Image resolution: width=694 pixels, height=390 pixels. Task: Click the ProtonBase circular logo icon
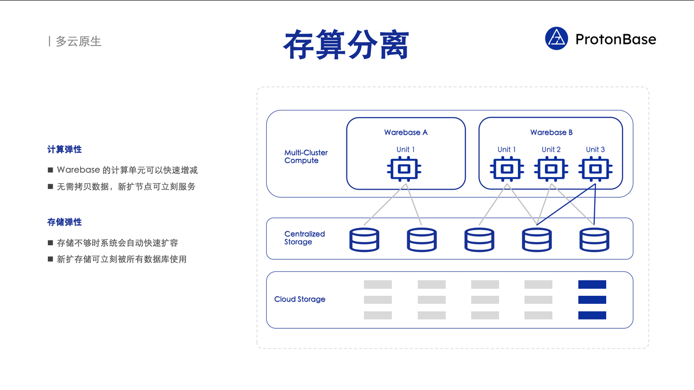[x=556, y=38]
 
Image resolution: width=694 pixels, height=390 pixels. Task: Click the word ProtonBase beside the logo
[x=615, y=40]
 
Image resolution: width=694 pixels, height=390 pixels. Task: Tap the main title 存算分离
[x=346, y=44]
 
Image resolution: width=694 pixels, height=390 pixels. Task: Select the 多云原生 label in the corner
[x=79, y=41]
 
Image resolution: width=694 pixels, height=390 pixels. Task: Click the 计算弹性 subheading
[x=65, y=149]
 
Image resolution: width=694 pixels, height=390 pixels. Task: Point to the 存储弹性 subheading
[x=65, y=222]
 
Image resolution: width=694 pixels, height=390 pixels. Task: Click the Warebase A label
[x=406, y=133]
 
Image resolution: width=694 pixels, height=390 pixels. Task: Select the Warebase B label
[x=551, y=133]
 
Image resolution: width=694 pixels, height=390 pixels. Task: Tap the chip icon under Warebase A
[x=404, y=169]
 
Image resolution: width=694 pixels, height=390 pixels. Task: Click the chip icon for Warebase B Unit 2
[x=551, y=169]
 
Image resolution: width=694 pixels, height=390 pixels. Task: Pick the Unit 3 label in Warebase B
[x=595, y=149]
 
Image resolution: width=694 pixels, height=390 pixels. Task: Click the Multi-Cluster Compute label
[x=306, y=157]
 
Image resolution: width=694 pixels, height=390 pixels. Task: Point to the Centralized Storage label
[x=305, y=238]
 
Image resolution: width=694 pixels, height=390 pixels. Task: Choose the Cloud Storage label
[x=300, y=300]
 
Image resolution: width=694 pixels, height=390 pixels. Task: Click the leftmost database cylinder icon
[x=364, y=239]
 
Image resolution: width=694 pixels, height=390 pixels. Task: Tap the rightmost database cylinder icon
[x=594, y=239]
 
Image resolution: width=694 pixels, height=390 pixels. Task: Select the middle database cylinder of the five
[x=479, y=239]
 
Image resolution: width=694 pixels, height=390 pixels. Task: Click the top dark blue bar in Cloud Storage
[x=592, y=284]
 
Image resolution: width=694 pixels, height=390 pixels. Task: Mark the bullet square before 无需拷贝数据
[x=50, y=186]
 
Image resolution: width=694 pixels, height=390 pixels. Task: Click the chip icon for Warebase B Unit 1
[x=507, y=169]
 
